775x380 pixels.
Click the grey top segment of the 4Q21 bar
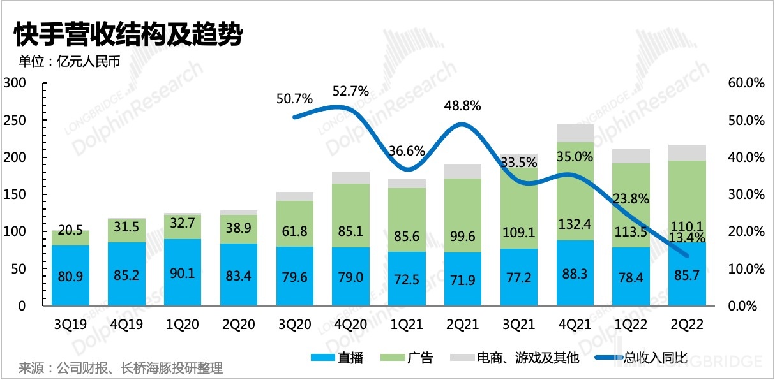pyautogui.click(x=575, y=133)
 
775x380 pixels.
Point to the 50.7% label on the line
pyautogui.click(x=294, y=99)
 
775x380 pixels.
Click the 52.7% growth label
pyautogui.click(x=350, y=91)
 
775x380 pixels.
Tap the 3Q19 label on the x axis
pyautogui.click(x=70, y=325)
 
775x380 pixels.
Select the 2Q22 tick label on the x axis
pyautogui.click(x=687, y=325)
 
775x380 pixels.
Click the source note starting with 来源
pyautogui.click(x=121, y=369)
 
